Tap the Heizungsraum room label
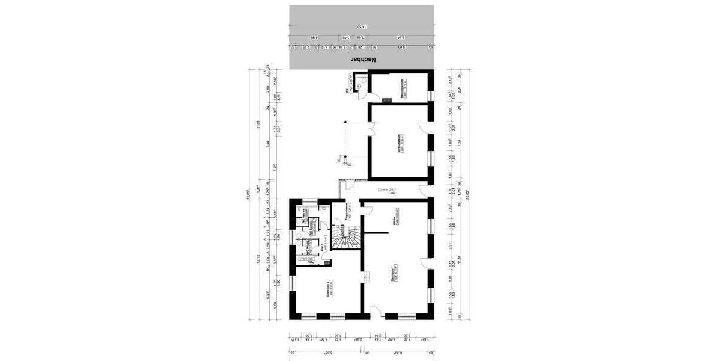pyautogui.click(x=397, y=88)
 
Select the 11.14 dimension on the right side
pyautogui.click(x=460, y=259)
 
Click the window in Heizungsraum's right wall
pyautogui.click(x=431, y=94)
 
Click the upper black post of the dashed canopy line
pyautogui.click(x=345, y=122)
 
